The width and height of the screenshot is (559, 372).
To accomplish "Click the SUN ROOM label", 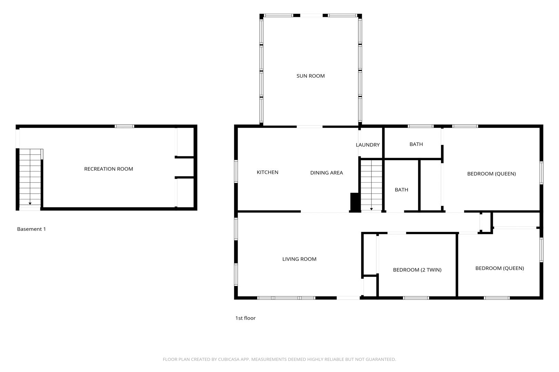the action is pyautogui.click(x=310, y=76).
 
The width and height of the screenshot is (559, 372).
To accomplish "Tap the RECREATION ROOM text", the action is pyautogui.click(x=109, y=169).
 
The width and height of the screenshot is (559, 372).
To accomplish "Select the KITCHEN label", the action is pyautogui.click(x=267, y=172).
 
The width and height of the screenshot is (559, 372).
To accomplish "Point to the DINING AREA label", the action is pyautogui.click(x=327, y=173).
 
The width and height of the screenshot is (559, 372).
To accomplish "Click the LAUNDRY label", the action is pyautogui.click(x=368, y=145).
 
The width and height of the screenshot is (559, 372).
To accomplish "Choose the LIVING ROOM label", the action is pyautogui.click(x=299, y=259).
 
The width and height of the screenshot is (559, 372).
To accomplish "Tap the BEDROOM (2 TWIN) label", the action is pyautogui.click(x=417, y=270).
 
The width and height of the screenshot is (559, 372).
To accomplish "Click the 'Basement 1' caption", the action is pyautogui.click(x=31, y=229).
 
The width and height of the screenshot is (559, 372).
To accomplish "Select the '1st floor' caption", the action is pyautogui.click(x=245, y=318).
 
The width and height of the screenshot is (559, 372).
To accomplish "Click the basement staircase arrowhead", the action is pyautogui.click(x=30, y=204).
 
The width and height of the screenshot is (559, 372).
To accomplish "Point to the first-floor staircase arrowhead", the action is pyautogui.click(x=371, y=209).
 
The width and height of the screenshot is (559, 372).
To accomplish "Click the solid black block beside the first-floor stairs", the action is pyautogui.click(x=355, y=202).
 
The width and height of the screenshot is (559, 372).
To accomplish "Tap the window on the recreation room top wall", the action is pyautogui.click(x=124, y=126).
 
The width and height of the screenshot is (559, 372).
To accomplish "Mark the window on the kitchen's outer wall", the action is pyautogui.click(x=236, y=171).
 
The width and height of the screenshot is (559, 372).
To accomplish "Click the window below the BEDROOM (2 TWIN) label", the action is pyautogui.click(x=416, y=298).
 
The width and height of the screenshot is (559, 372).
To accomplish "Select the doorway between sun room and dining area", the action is pyautogui.click(x=309, y=127).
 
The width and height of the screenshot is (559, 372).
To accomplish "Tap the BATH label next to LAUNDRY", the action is pyautogui.click(x=416, y=144).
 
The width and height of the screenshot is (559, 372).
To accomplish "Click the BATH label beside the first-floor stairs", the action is pyautogui.click(x=401, y=190).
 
